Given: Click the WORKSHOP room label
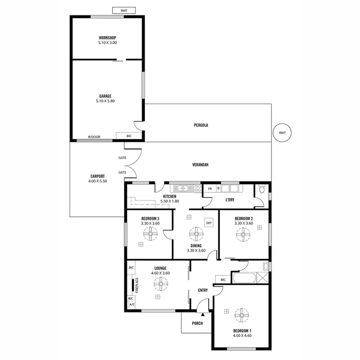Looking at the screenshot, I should tap(108, 37).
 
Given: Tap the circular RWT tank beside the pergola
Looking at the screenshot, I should tap(282, 133).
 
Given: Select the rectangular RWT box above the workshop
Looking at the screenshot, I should tap(123, 10).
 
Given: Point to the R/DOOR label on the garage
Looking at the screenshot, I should tap(94, 137).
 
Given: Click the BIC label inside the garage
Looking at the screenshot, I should tap(129, 136).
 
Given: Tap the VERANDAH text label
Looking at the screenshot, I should tap(201, 165).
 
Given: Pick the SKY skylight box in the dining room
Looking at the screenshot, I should tap(209, 223).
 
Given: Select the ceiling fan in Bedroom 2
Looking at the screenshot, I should tap(243, 234).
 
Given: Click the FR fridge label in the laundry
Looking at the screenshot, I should tap(210, 189).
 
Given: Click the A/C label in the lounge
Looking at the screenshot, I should tap(131, 304).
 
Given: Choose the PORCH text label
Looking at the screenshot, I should tap(197, 323).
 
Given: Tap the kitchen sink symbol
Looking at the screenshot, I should tap(183, 188).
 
